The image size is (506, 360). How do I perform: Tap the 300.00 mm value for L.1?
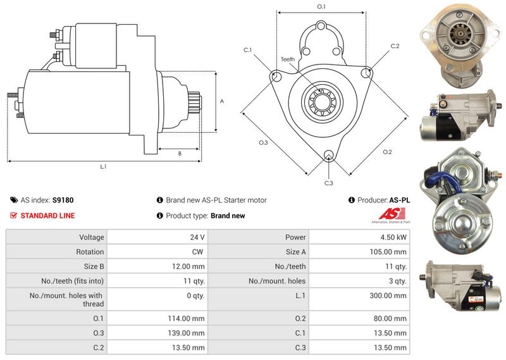pos(391,295)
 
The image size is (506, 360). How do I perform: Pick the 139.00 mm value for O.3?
pos(189,333)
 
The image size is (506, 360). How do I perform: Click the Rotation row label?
pos(90,252)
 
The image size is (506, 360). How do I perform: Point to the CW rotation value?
pos(198,252)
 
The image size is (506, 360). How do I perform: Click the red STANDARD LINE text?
pos(47,216)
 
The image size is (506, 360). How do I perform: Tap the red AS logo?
pos(389,215)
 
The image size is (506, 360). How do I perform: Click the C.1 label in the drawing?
pos(247,49)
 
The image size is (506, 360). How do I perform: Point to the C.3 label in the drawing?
pos(328,183)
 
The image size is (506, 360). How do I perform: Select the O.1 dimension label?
pos(321,7)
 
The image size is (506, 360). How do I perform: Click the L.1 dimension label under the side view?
pos(103,167)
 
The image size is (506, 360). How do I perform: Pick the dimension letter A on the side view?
pos(221,101)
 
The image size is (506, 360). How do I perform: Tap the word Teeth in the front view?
pos(288,59)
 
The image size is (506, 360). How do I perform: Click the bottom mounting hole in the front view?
pos(328,156)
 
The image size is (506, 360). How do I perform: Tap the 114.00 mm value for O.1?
pos(189,318)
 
